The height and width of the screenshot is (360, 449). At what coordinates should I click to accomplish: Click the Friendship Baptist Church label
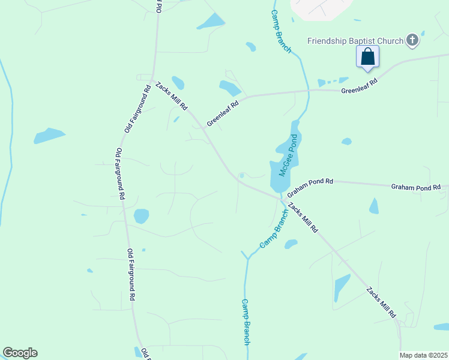(x=355, y=41)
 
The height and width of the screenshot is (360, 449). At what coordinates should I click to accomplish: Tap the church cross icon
(x=412, y=40)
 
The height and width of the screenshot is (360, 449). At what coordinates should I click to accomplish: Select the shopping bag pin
(x=367, y=58)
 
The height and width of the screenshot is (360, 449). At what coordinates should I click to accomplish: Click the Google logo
(x=20, y=353)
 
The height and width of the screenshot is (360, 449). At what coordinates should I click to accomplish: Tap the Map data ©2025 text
(x=423, y=355)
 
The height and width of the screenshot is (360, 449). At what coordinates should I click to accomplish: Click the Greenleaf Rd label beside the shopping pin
(x=359, y=86)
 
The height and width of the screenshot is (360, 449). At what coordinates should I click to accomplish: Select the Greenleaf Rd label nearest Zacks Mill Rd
(x=223, y=112)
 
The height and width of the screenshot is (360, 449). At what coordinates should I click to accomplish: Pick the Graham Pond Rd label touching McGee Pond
(x=310, y=187)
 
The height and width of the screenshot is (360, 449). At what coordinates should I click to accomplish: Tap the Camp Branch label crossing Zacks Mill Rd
(x=274, y=229)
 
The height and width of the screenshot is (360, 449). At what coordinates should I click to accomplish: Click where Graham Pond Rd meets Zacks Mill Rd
(x=281, y=197)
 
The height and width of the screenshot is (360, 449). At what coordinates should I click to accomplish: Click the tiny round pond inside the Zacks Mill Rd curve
(x=241, y=176)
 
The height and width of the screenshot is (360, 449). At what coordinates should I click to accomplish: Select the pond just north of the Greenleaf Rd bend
(x=230, y=88)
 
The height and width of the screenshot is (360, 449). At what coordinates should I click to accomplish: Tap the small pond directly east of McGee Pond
(x=346, y=142)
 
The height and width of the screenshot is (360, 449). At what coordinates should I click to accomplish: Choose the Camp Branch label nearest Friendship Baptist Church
(x=280, y=32)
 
